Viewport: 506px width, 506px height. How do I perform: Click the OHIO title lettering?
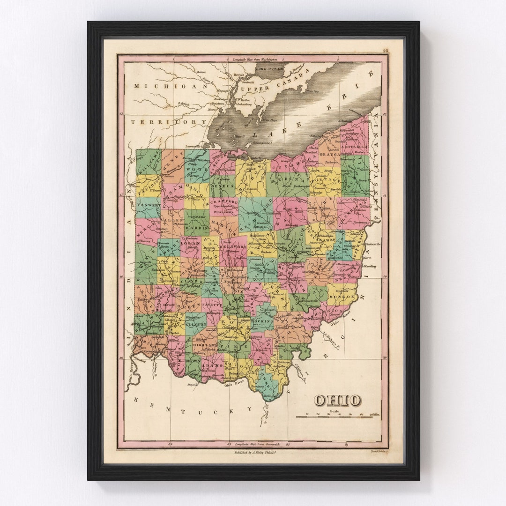[337, 400]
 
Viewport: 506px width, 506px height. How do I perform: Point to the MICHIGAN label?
[171, 86]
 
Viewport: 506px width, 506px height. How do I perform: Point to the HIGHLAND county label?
[205, 345]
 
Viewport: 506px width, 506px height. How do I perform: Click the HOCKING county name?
[262, 321]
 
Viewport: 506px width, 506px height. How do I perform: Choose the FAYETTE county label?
[212, 305]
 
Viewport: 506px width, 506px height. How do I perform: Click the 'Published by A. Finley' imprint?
[253, 453]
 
